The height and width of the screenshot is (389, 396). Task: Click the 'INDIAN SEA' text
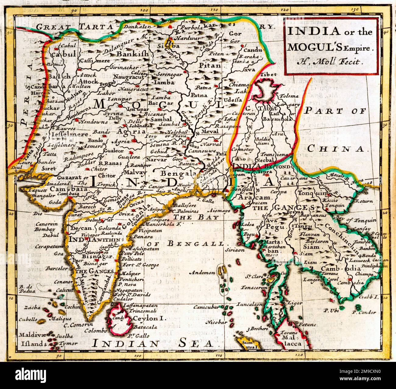152,344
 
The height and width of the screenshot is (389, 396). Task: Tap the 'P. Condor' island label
364,312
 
